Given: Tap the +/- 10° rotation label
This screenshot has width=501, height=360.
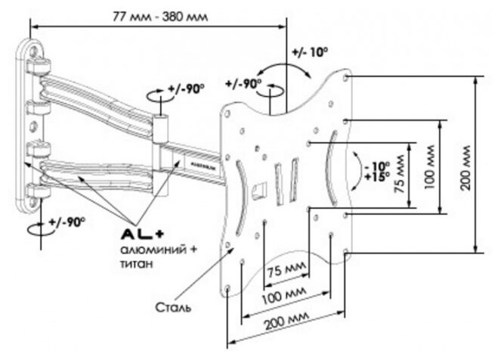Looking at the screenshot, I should tap(308, 52).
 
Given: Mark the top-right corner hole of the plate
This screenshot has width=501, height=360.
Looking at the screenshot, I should tap(345, 77).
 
